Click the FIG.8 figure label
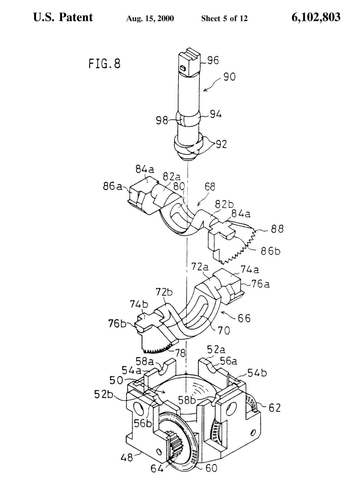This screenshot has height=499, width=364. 104,63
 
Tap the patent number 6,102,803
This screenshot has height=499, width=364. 316,18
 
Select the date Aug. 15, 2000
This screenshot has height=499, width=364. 150,18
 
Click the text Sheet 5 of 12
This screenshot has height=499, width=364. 224,18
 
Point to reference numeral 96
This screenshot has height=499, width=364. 213,60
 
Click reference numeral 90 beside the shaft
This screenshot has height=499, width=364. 230,77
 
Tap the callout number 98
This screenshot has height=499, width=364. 162,120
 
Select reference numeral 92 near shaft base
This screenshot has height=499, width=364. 221,144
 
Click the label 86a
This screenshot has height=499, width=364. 112,186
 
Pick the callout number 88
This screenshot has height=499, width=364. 277,229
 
